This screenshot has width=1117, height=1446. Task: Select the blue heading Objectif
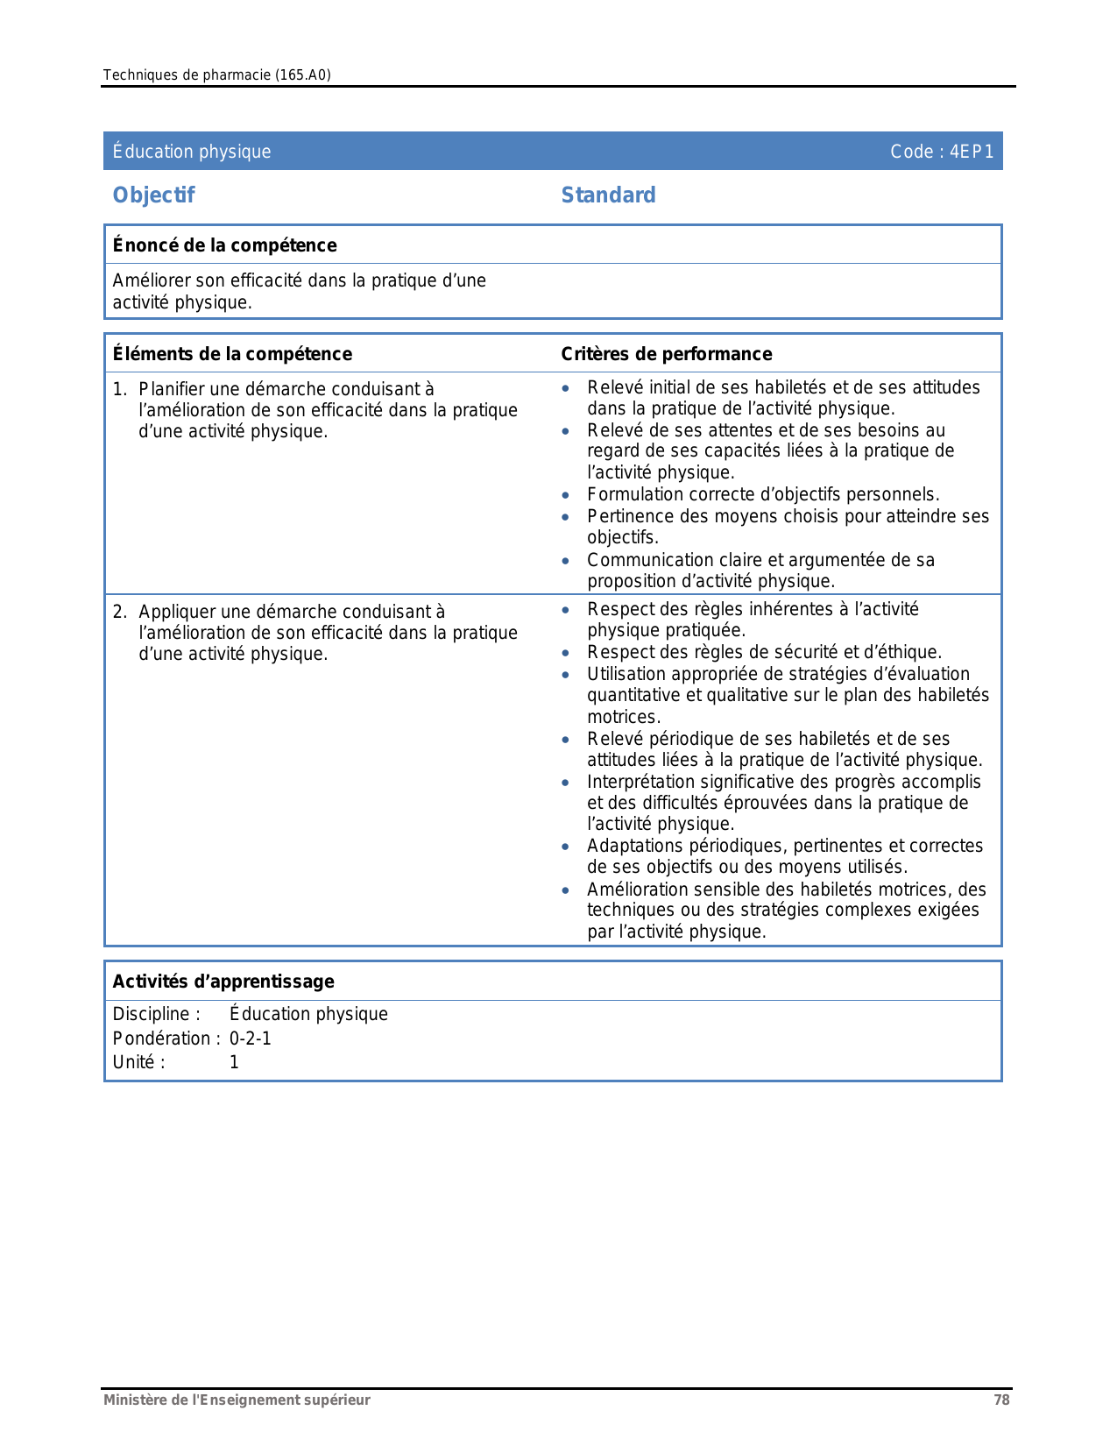(x=153, y=195)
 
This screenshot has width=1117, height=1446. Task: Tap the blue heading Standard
(x=608, y=195)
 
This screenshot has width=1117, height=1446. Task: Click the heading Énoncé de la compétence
(x=224, y=245)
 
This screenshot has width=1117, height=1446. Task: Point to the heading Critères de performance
(x=666, y=354)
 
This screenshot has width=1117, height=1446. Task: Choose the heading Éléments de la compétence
(x=232, y=354)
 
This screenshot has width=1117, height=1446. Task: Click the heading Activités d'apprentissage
(x=223, y=982)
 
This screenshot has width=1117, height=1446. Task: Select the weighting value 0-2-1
(x=251, y=1038)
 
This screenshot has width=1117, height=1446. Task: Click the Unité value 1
(x=234, y=1062)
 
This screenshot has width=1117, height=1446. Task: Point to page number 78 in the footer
(x=1001, y=1400)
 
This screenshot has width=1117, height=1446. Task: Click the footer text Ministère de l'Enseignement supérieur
(x=237, y=1400)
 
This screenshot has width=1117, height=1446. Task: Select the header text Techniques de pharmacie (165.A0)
(x=216, y=75)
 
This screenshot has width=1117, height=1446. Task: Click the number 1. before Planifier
(x=120, y=389)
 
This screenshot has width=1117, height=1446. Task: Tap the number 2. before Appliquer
(x=120, y=612)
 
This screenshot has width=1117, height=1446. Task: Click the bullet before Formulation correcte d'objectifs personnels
(x=567, y=496)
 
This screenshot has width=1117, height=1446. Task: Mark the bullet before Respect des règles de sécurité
(x=567, y=653)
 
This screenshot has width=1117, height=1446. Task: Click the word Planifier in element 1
(x=172, y=389)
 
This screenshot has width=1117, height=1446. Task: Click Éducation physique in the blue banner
(x=192, y=152)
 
